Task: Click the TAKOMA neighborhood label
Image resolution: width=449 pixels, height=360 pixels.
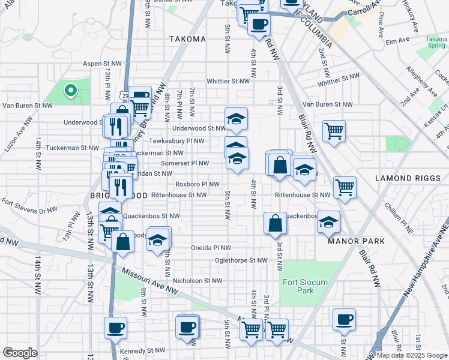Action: [187, 39]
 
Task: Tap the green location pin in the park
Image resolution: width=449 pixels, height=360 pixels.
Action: [70, 91]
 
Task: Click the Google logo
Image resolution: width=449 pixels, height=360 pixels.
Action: [20, 353]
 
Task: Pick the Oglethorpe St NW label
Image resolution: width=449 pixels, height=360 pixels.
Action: [242, 260]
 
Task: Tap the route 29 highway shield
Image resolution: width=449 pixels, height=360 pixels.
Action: [124, 95]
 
